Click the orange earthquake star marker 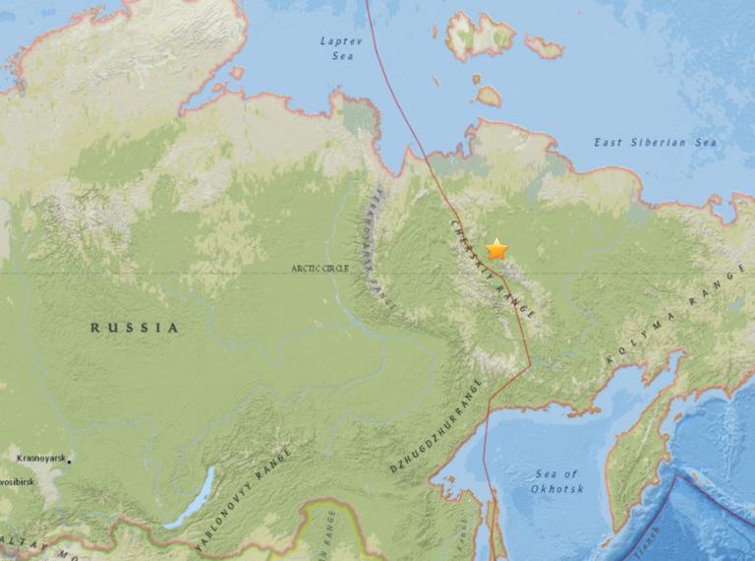pos(496,249)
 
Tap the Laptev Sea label pos(341,46)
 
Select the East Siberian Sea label pos(655,144)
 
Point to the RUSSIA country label pos(136,328)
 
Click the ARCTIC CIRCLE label pos(318,268)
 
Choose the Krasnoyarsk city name pos(42,459)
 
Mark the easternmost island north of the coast pos(543,46)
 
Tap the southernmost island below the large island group pos(489,95)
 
